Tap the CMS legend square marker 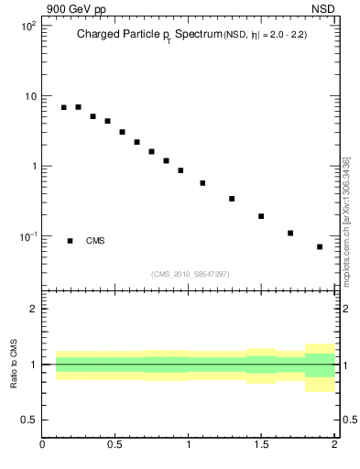click(70, 241)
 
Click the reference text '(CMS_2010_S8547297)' click(191, 274)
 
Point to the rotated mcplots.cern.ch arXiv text click(346, 221)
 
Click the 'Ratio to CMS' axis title click(14, 365)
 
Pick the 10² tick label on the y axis click(28, 27)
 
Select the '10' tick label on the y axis click(29, 96)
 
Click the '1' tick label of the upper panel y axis click(32, 167)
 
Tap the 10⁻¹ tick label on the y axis click(27, 236)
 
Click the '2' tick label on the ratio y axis click(32, 309)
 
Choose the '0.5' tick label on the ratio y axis click(27, 420)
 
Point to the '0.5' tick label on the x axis click(115, 445)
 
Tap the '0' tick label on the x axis click(43, 445)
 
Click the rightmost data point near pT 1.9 click(320, 246)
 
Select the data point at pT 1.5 click(261, 216)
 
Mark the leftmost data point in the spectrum click(64, 107)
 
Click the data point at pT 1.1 click(202, 183)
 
